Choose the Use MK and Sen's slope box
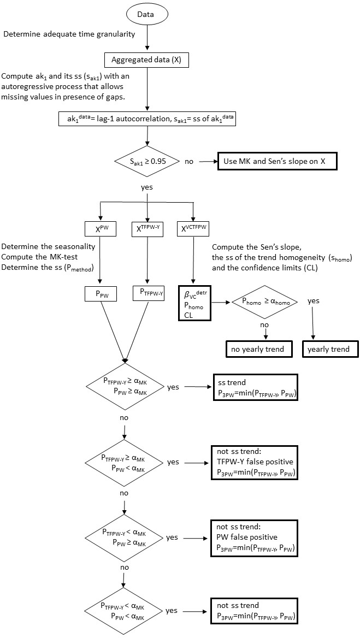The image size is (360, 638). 277,162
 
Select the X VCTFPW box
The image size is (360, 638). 193,229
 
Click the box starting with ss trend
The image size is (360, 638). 256,387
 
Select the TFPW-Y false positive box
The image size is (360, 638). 256,462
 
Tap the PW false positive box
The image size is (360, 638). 256,536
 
